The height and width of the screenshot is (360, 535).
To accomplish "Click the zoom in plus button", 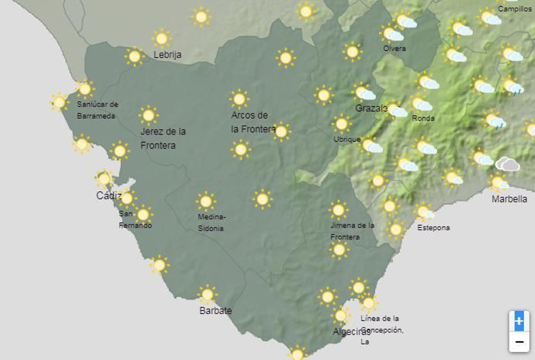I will click(x=519, y=321).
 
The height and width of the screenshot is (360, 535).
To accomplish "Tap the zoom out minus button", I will click(x=519, y=342).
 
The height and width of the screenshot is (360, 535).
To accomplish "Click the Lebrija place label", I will click(x=167, y=55).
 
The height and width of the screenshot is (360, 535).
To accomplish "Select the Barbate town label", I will click(x=215, y=310).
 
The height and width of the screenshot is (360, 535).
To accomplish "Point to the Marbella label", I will click(x=509, y=199).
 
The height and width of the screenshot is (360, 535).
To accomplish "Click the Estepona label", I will click(x=433, y=228).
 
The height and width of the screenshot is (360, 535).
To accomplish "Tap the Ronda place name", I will click(x=423, y=118).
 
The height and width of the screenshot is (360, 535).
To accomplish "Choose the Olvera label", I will click(x=394, y=49).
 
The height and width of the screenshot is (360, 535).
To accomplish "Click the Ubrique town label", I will click(x=347, y=139).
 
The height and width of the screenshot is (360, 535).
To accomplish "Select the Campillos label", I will click(x=515, y=9).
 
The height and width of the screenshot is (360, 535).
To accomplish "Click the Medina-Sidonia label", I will click(x=211, y=222).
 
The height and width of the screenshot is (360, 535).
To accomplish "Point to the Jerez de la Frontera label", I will click(x=163, y=138).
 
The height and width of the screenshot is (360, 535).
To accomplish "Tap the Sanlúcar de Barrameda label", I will click(x=97, y=110).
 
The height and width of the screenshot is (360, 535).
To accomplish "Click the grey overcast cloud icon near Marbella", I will click(x=508, y=165).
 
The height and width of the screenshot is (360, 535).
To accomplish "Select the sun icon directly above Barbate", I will click(x=207, y=295).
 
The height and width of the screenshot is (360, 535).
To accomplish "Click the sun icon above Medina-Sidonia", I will click(x=206, y=201).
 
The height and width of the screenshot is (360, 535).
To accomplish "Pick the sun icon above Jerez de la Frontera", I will click(x=148, y=116).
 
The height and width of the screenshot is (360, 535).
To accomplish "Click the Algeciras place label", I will click(x=351, y=332).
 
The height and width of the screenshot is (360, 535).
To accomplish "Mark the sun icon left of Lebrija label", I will click(x=134, y=57).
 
